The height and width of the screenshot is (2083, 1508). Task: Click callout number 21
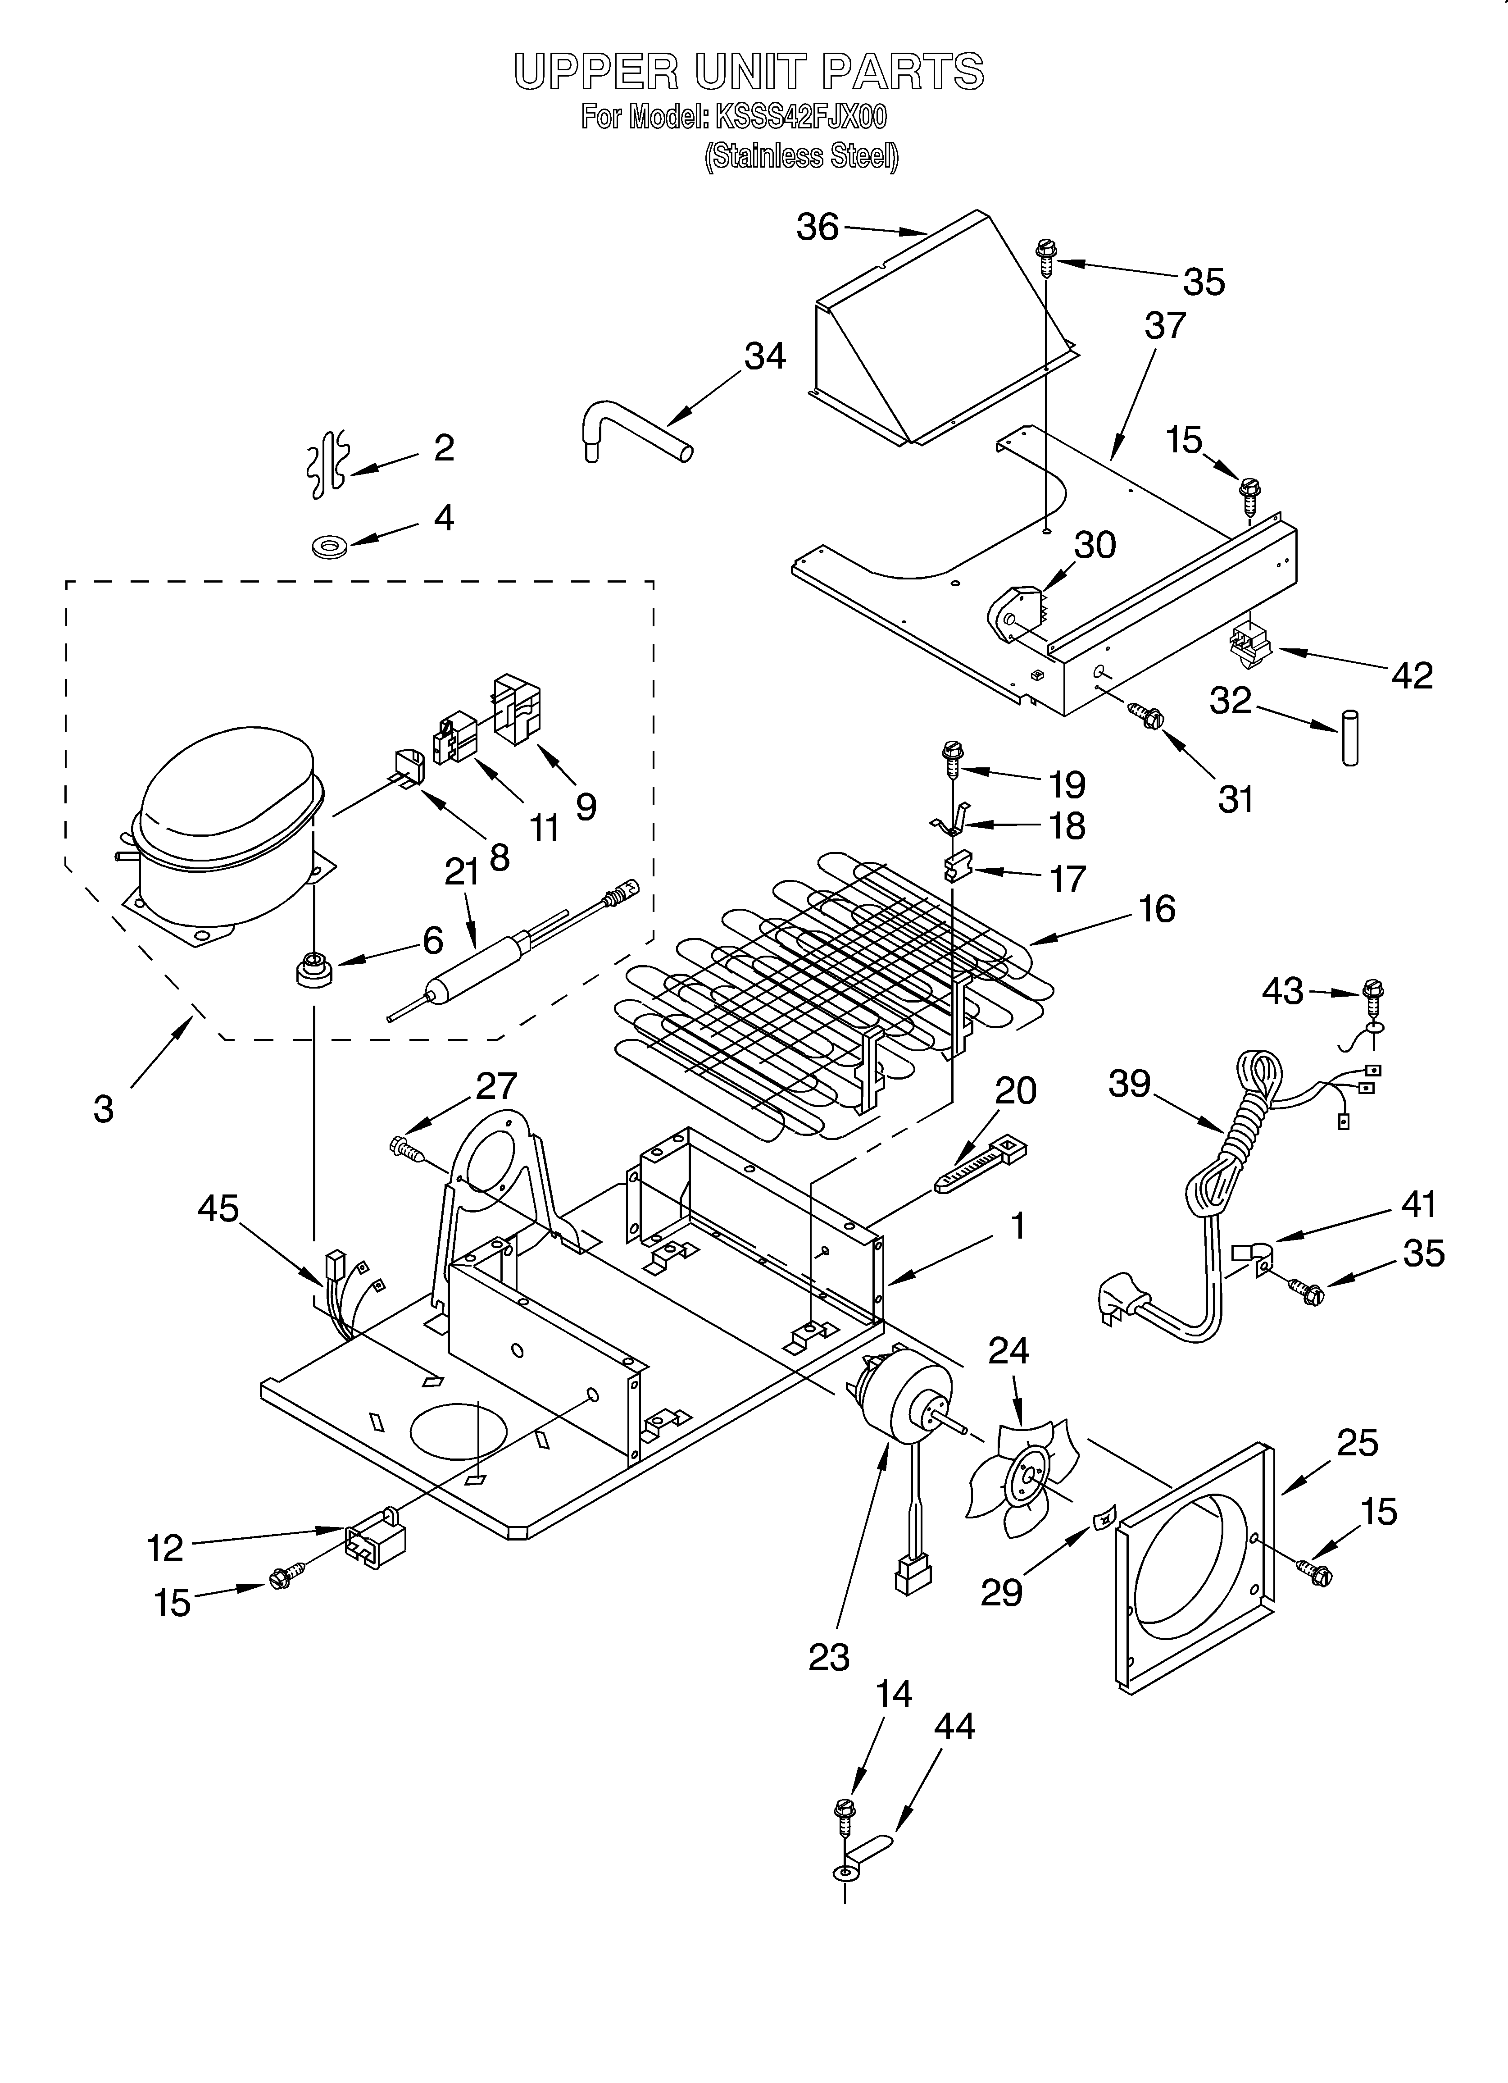tap(462, 871)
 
